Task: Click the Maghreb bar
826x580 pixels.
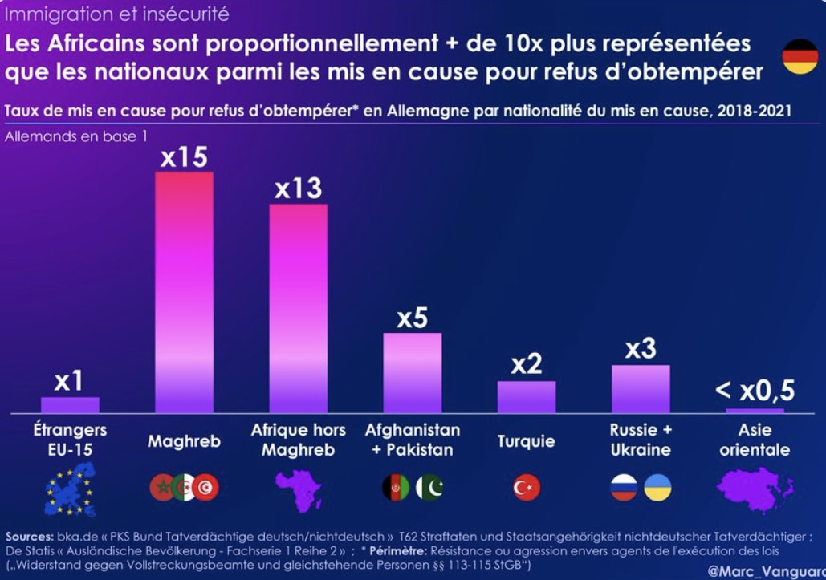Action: pyautogui.click(x=184, y=292)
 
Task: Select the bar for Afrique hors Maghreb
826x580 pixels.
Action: pyautogui.click(x=298, y=308)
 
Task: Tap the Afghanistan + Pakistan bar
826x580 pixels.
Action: pyautogui.click(x=412, y=372)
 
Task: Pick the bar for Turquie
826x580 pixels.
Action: pyautogui.click(x=527, y=396)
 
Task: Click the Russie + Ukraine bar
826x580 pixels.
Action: pyautogui.click(x=641, y=388)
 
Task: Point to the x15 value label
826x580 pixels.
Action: pyautogui.click(x=184, y=157)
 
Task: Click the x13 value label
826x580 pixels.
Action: pyautogui.click(x=298, y=189)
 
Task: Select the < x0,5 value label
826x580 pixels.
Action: pyautogui.click(x=755, y=391)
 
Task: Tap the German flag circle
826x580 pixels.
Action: pyautogui.click(x=800, y=56)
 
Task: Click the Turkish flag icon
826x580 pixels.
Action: pyautogui.click(x=527, y=487)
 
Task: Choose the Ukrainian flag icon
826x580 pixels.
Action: pyautogui.click(x=657, y=487)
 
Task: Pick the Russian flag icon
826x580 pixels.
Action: pyautogui.click(x=624, y=487)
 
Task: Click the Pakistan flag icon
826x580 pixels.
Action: pyautogui.click(x=429, y=487)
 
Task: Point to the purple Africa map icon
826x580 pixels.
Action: pyautogui.click(x=298, y=489)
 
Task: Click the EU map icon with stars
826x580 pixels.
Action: pyautogui.click(x=70, y=489)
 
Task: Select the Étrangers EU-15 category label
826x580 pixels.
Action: pyautogui.click(x=70, y=440)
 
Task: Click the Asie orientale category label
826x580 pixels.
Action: pyautogui.click(x=755, y=440)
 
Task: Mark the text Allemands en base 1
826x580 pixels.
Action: pyautogui.click(x=76, y=136)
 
